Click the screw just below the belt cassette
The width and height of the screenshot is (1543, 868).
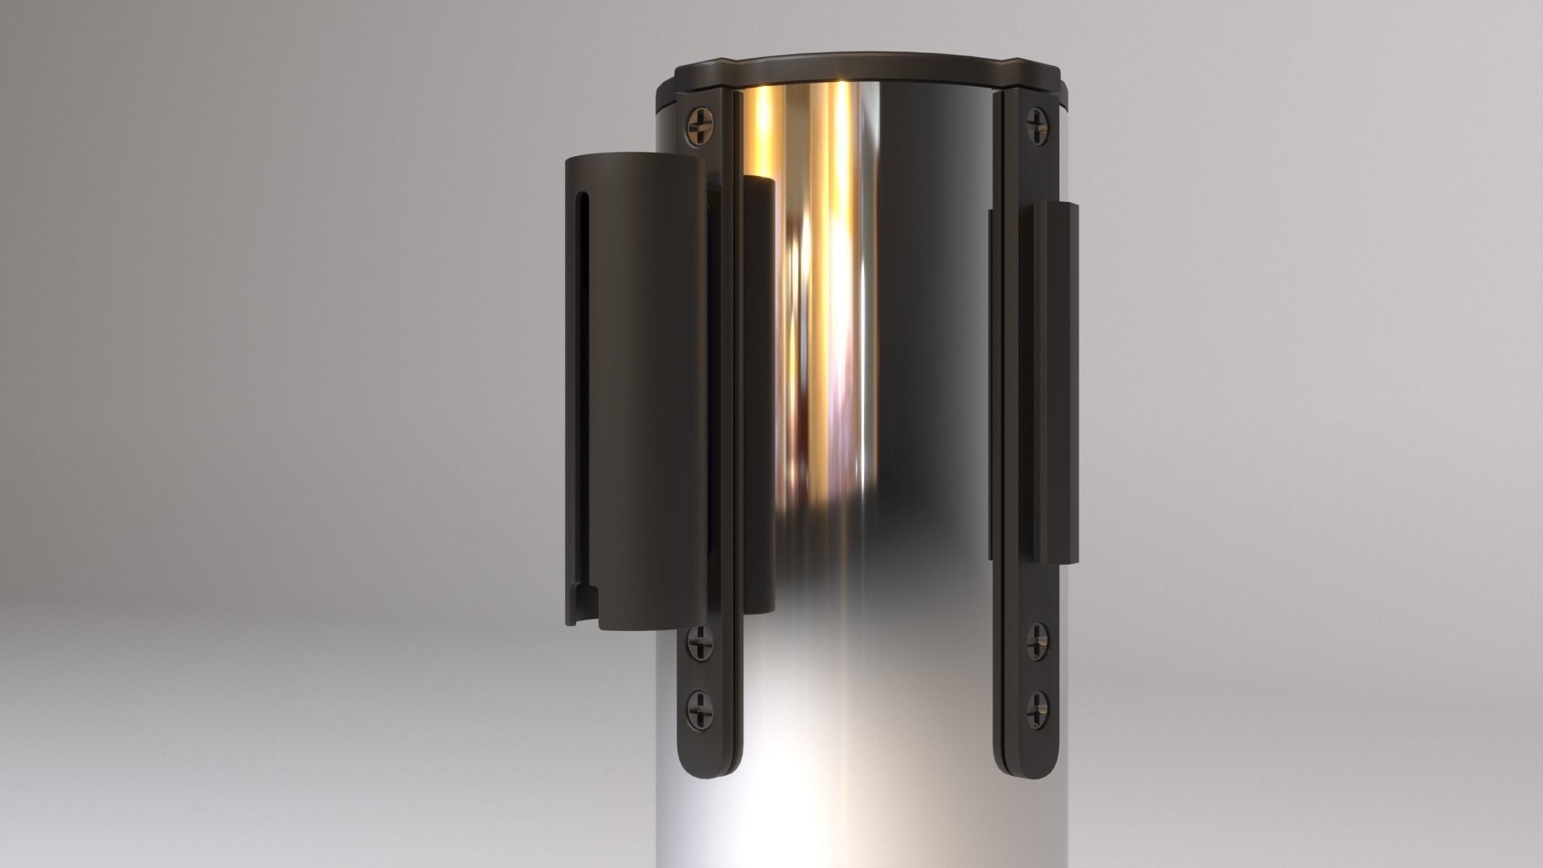click(x=698, y=643)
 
